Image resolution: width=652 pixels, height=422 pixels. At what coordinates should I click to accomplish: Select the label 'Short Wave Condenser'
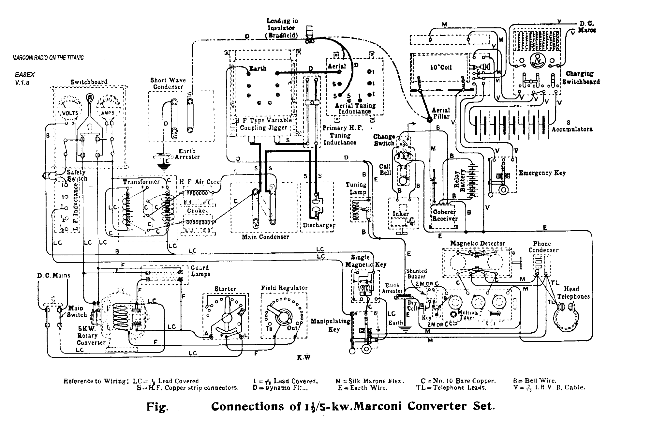tap(168, 83)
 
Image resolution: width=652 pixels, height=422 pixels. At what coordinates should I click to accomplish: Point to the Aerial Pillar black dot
tap(429, 120)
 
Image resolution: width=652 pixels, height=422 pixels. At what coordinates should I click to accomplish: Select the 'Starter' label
tap(225, 289)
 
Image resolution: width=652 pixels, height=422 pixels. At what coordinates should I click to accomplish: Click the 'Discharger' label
tap(319, 225)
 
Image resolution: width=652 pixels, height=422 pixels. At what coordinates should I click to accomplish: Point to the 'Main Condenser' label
tap(265, 237)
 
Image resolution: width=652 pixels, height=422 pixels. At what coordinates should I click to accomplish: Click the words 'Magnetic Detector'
tap(478, 243)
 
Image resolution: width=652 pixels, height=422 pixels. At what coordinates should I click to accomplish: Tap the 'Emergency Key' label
tap(542, 173)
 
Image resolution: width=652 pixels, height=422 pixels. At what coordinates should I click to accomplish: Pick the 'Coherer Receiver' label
tap(445, 215)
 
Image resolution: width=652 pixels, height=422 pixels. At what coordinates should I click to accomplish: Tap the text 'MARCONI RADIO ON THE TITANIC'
tap(48, 58)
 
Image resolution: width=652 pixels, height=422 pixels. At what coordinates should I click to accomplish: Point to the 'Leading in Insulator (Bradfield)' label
tap(282, 28)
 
